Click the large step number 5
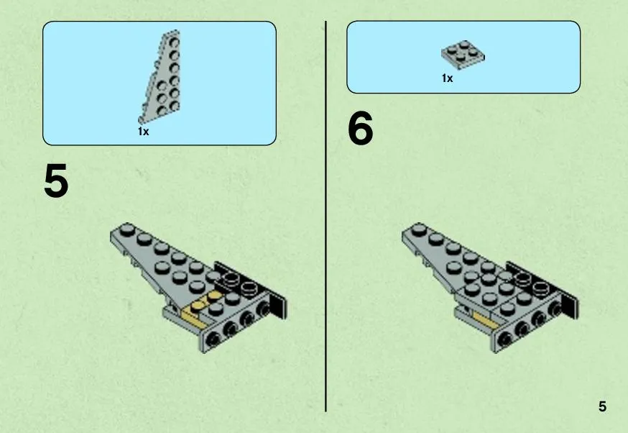56,181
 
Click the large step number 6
361,128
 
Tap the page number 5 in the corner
602,406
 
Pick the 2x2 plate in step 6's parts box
463,55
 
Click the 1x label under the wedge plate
144,131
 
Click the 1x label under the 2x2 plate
448,78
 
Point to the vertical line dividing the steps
325,216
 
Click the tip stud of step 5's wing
127,229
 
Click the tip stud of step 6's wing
419,229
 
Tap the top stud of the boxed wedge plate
174,41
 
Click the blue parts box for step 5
160,83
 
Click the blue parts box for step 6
463,57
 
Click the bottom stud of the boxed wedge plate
162,111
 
